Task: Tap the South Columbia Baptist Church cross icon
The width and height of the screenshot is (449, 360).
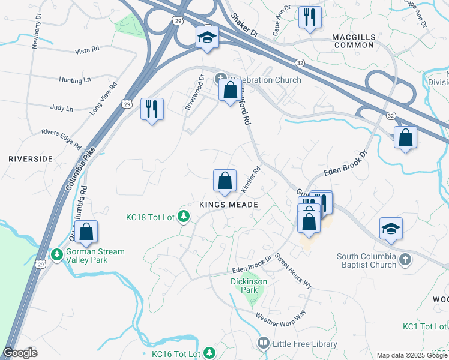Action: (x=405, y=260)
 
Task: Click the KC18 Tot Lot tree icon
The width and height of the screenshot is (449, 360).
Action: (x=185, y=217)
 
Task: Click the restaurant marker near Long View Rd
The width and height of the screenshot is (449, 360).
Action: (x=152, y=109)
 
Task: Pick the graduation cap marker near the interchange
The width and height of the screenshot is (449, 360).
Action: (x=207, y=38)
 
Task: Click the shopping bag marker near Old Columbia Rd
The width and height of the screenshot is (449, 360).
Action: (x=86, y=232)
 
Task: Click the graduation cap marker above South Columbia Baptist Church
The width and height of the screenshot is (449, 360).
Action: (x=391, y=228)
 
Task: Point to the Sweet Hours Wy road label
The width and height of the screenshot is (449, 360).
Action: (x=293, y=272)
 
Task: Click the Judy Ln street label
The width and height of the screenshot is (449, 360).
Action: (x=62, y=109)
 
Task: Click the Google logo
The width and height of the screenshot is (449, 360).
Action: (x=20, y=353)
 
